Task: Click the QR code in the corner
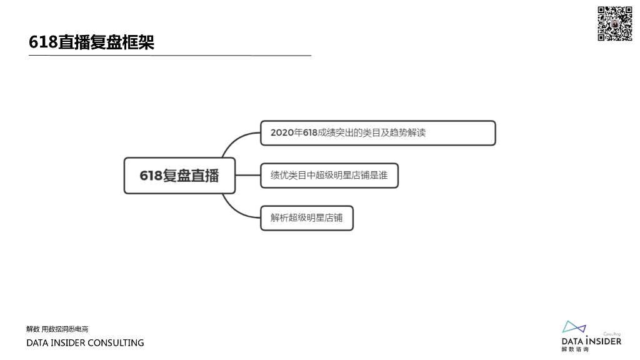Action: [x=615, y=24]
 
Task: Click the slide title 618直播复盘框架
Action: [x=91, y=42]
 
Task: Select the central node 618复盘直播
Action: [x=179, y=176]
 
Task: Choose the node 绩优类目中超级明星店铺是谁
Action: [x=329, y=176]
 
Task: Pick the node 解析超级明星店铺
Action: [x=306, y=218]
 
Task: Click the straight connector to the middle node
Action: [x=247, y=176]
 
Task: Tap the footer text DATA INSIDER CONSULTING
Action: [x=85, y=342]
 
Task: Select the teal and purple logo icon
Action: [x=574, y=327]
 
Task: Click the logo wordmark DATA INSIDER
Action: [x=591, y=341]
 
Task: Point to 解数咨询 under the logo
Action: [x=575, y=349]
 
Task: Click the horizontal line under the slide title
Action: [x=169, y=56]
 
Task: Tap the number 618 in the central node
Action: [x=151, y=176]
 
